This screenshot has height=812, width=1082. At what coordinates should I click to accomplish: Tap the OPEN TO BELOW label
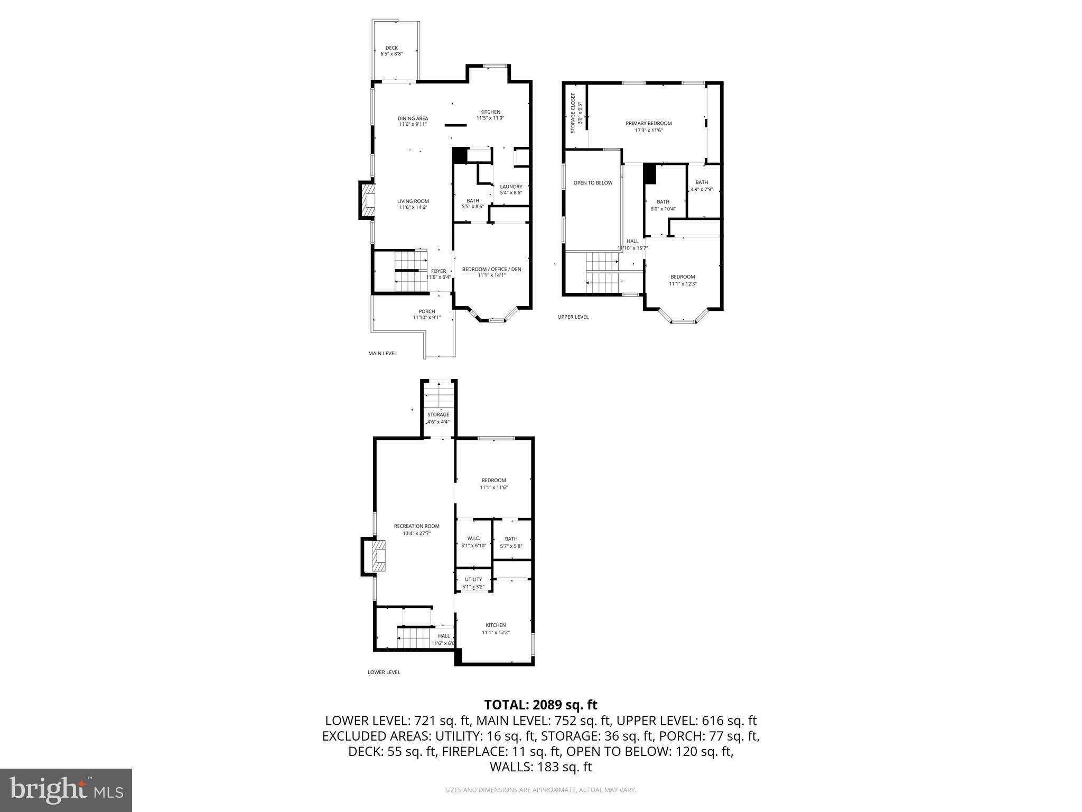(x=593, y=183)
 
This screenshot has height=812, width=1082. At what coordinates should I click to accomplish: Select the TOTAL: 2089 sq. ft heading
(x=540, y=705)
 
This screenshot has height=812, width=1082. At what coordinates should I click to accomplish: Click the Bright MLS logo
(x=66, y=790)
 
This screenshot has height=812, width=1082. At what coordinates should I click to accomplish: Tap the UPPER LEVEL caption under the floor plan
(x=573, y=317)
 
